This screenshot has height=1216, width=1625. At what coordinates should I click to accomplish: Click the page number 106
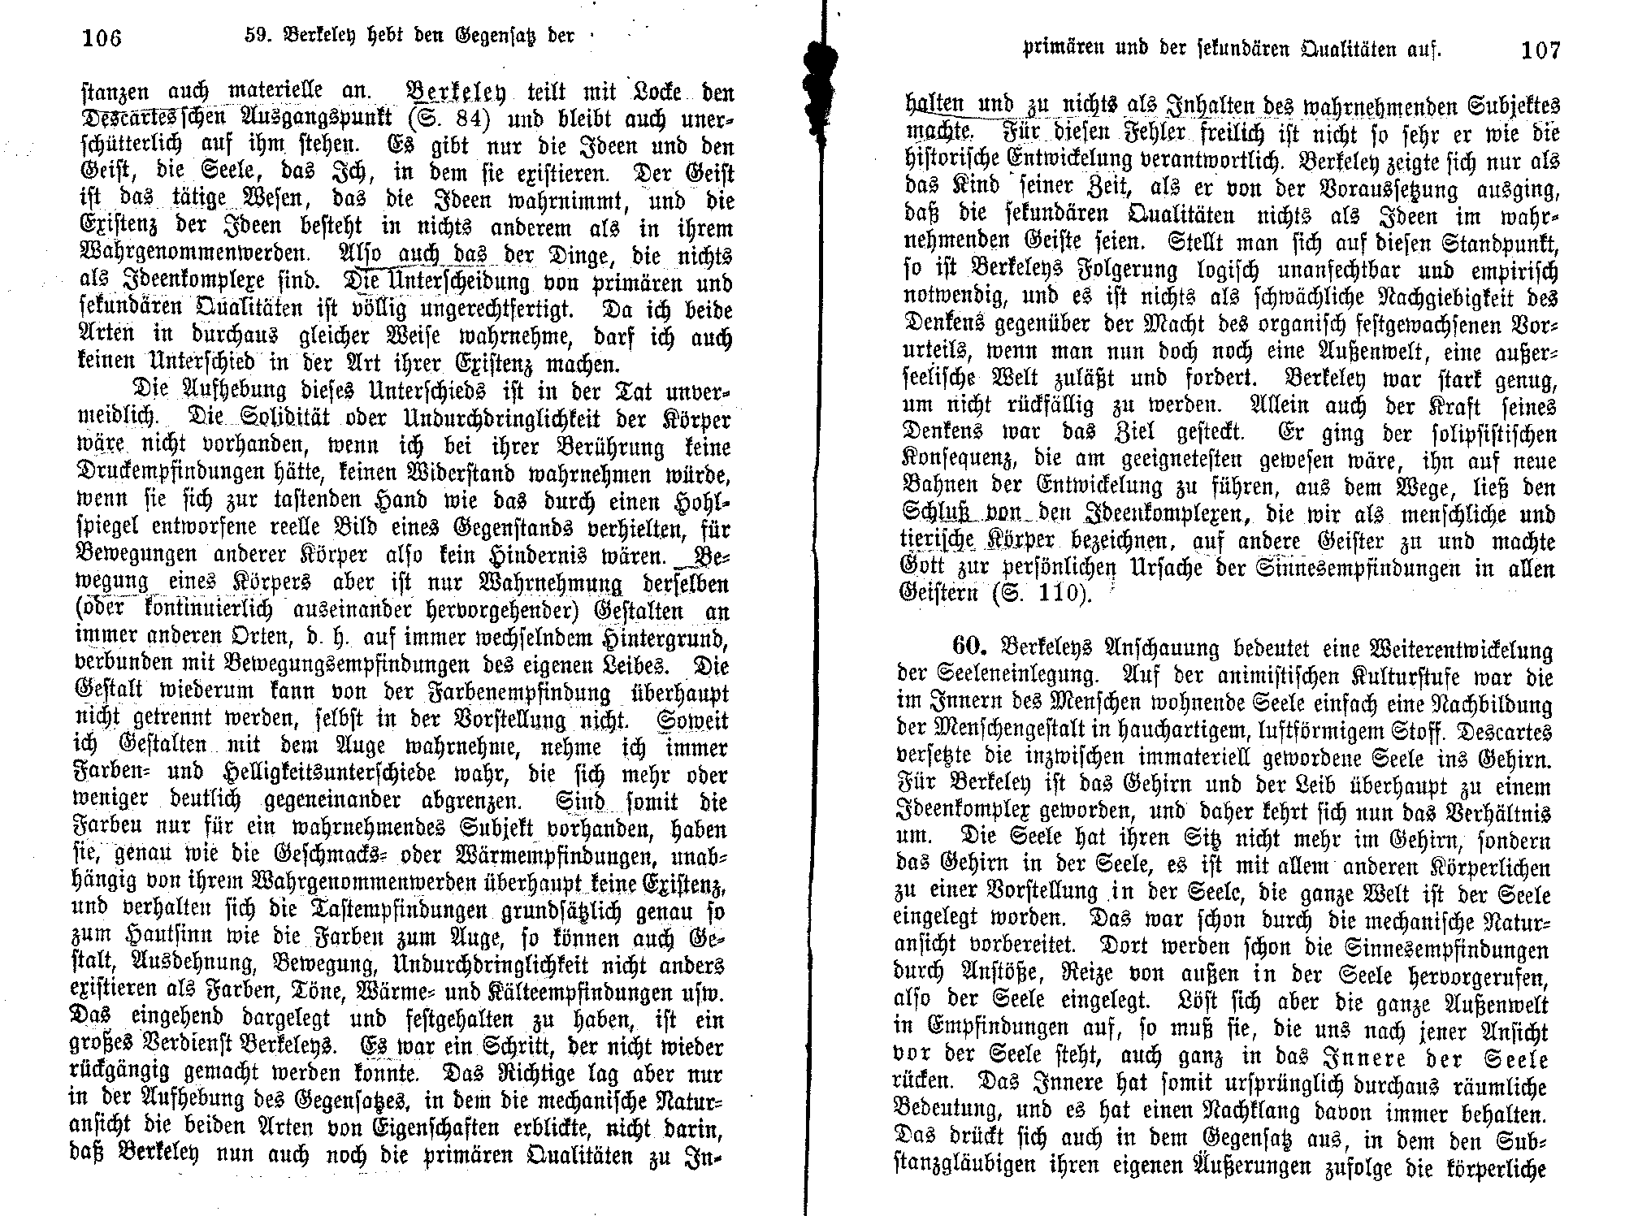[102, 37]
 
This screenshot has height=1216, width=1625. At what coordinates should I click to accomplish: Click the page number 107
[1540, 50]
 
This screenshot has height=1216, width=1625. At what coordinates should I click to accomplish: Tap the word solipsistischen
[1474, 433]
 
